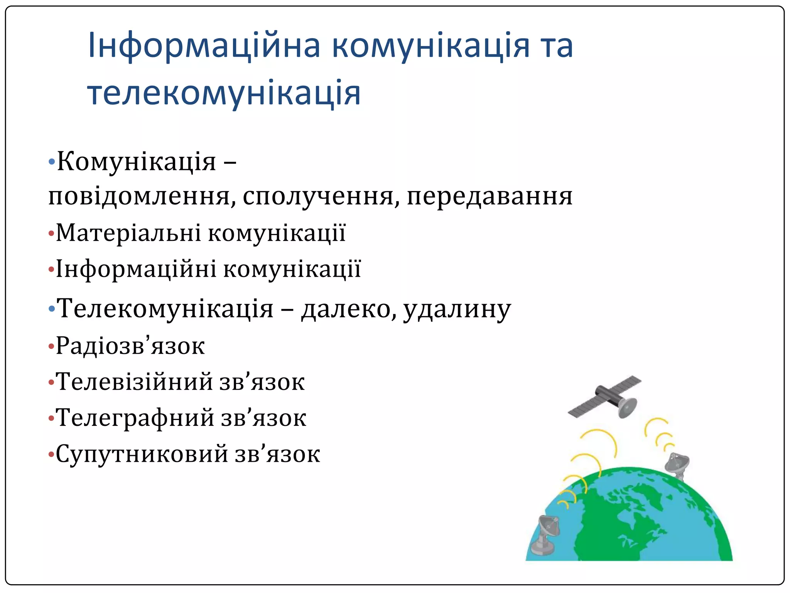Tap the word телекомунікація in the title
pos(224,93)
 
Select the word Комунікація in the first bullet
pos(137,161)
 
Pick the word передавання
pos(489,196)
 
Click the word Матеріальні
pos(128,233)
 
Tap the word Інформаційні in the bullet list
pos(136,269)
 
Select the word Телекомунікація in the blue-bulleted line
pos(165,309)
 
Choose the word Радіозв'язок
pos(130,346)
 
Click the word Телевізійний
pos(134,382)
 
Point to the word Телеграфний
pos(135,418)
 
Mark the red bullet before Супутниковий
pos(51,454)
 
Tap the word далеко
pos(348,309)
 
